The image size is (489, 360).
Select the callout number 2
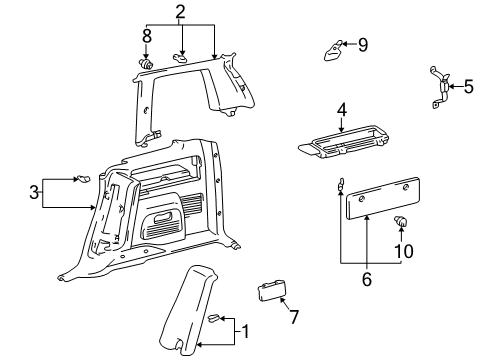(180, 12)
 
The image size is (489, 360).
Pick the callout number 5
(468, 87)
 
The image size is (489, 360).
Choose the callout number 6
(366, 280)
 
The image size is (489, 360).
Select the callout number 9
(363, 44)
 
